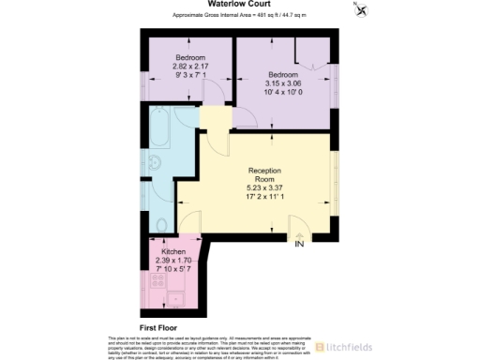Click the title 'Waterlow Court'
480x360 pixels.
coord(239,4)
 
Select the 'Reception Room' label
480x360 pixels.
coord(265,175)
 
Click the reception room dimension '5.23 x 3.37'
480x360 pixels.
coord(265,187)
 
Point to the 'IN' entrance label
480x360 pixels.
coord(299,245)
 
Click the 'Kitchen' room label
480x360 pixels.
coord(174,253)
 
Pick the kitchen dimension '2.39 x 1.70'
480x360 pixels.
coord(174,262)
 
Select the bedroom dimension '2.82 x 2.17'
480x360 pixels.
coord(187,66)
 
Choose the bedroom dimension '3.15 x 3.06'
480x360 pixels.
coord(282,82)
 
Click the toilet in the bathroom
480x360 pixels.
coord(160,223)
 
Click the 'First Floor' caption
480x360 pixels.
coord(160,327)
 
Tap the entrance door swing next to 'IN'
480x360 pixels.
coord(301,228)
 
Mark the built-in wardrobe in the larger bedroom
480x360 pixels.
coord(310,50)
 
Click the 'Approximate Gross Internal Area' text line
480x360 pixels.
coord(239,15)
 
